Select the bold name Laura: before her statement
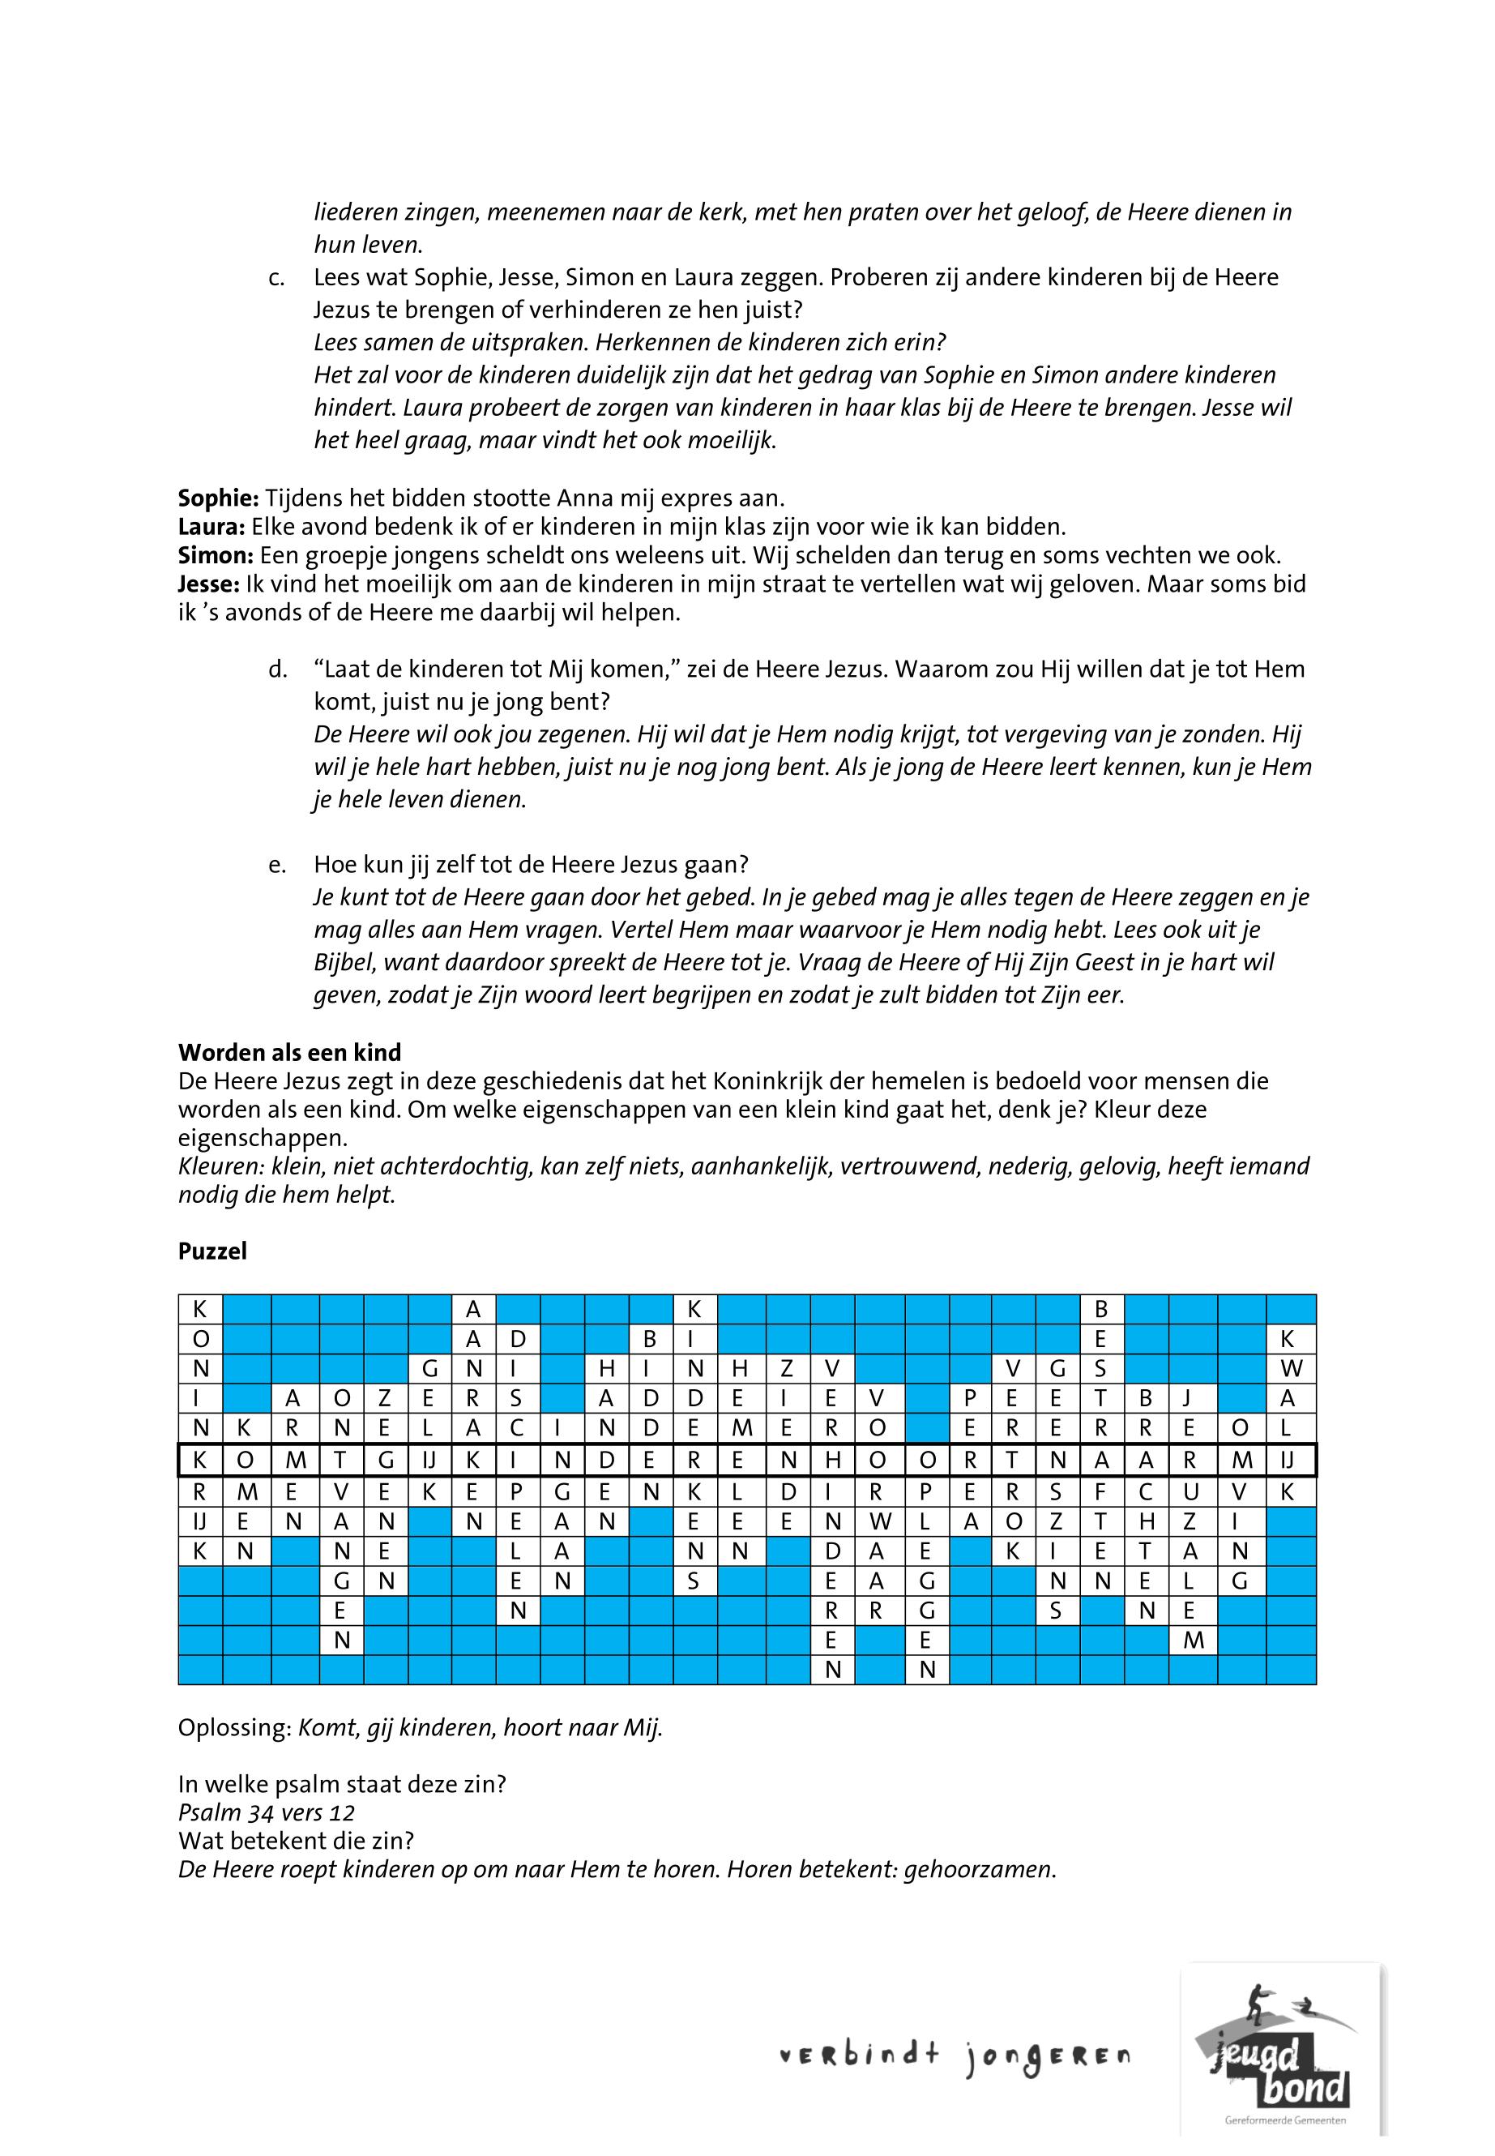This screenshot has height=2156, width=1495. [x=211, y=526]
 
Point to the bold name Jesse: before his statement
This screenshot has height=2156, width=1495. [x=209, y=584]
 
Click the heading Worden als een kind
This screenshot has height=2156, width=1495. [x=289, y=1051]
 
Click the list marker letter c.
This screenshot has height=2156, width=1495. [x=276, y=278]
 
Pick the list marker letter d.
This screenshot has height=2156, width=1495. [x=276, y=670]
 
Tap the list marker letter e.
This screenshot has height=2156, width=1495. [x=276, y=865]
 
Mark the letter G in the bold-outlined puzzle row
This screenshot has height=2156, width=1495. [x=386, y=1460]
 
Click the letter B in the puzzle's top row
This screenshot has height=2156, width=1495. [x=1101, y=1308]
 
